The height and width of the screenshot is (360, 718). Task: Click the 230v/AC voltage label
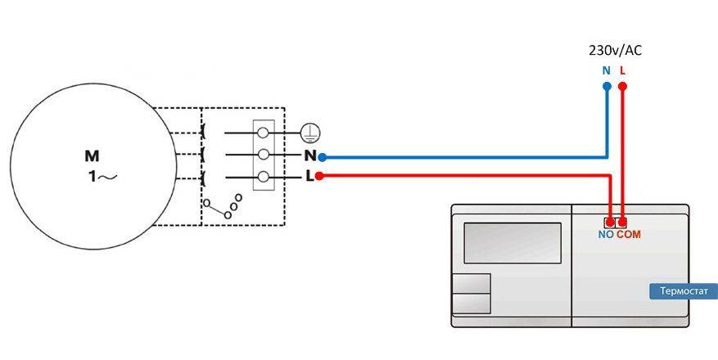click(x=615, y=51)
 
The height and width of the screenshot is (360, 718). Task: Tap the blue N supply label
click(x=606, y=70)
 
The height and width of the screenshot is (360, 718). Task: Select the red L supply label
click(x=623, y=70)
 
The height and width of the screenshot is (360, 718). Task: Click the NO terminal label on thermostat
click(x=606, y=235)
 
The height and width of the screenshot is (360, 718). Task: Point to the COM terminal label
click(x=629, y=235)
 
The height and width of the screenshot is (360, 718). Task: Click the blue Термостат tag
click(x=683, y=291)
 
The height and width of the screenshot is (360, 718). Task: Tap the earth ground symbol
click(x=309, y=131)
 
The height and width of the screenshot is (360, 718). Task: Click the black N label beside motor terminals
click(x=309, y=155)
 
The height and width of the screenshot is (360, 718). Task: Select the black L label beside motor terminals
click(x=309, y=176)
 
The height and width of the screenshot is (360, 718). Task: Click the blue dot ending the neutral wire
click(x=322, y=156)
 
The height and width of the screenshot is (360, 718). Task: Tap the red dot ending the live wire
click(x=319, y=176)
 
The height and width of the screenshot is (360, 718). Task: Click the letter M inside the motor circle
click(x=92, y=155)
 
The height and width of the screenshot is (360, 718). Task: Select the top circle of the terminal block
click(x=264, y=132)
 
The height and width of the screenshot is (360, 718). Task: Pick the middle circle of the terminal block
click(x=264, y=154)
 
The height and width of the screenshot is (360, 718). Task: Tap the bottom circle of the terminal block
click(x=264, y=176)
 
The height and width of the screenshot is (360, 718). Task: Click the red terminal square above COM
click(x=622, y=222)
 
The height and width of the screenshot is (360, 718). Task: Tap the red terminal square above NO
click(x=610, y=222)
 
